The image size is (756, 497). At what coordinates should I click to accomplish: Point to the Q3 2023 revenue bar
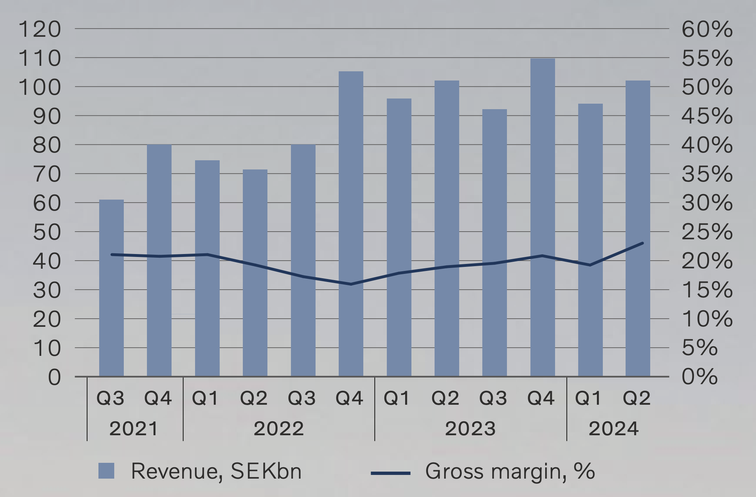[x=494, y=243]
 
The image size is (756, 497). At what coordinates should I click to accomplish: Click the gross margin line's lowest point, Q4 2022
[x=351, y=284]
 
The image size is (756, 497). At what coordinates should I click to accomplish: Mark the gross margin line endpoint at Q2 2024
[x=642, y=243]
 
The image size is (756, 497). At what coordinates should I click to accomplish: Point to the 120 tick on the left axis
[x=40, y=29]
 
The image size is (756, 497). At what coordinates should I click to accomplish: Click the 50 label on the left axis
[x=47, y=232]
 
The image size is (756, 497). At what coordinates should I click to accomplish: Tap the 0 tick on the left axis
[x=54, y=377]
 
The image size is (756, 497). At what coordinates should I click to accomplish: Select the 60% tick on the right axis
[x=707, y=29]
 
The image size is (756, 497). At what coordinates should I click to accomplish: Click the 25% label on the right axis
[x=707, y=232]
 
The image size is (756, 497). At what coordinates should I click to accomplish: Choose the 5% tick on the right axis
[x=699, y=348]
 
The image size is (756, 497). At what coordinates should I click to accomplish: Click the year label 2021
[x=134, y=429]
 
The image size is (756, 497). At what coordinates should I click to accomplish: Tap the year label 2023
[x=470, y=429]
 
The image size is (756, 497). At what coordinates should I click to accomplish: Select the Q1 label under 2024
[x=588, y=398]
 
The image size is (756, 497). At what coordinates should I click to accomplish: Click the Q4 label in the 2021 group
[x=158, y=398]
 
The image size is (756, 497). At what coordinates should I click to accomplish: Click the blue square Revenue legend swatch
[x=106, y=471]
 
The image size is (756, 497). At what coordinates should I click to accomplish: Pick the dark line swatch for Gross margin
[x=390, y=473]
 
